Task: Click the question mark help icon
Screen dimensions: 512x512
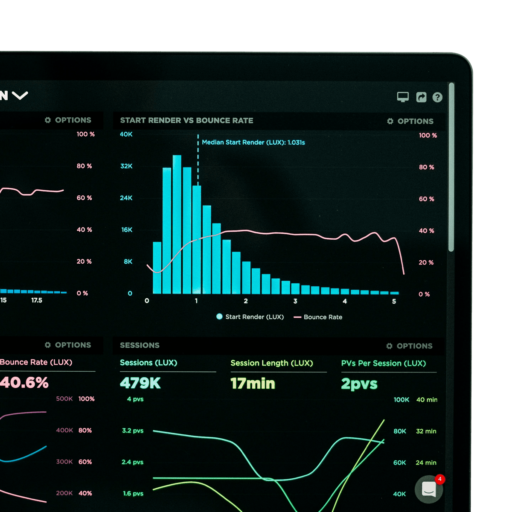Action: [437, 97]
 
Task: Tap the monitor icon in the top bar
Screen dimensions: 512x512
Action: [403, 97]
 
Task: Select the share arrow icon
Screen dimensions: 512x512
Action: [421, 97]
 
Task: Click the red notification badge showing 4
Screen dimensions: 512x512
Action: [439, 479]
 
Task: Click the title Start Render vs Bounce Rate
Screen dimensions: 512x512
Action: [186, 120]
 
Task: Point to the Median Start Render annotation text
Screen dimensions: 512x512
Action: [253, 143]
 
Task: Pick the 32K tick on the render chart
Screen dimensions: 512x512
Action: [126, 166]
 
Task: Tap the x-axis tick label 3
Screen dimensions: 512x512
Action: [295, 301]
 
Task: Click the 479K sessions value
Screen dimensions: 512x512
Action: [140, 383]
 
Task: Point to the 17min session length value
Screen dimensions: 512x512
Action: [253, 384]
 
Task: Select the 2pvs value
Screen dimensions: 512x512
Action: [359, 384]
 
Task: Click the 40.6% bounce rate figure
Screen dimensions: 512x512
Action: [24, 382]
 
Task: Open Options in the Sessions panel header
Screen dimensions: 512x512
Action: [410, 346]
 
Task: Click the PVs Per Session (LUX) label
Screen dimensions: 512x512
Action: [383, 363]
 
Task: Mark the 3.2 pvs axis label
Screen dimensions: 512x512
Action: [133, 431]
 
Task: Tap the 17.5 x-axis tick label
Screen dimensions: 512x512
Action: [37, 300]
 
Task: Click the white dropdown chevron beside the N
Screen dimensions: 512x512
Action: [20, 95]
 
